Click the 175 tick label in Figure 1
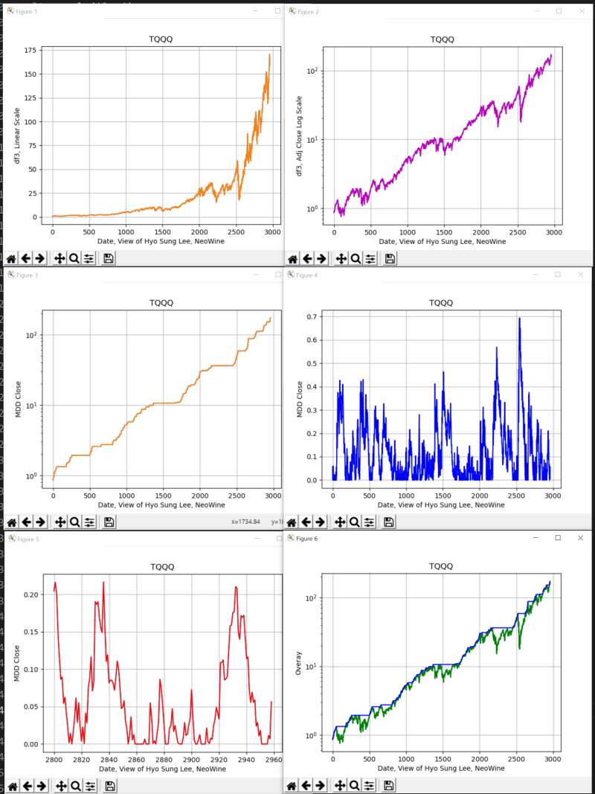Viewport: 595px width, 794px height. coord(30,51)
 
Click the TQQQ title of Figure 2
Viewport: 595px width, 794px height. coord(440,39)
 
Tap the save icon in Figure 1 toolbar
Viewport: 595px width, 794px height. coord(109,258)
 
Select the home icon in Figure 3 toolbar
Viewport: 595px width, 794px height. coord(11,522)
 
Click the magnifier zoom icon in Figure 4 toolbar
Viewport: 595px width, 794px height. coord(356,522)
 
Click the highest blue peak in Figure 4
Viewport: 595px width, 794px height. coord(519,318)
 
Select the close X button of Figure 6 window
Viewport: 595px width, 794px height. coord(580,537)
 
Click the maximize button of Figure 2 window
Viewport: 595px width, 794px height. coord(559,11)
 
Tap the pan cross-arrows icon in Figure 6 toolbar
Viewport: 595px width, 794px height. coord(341,786)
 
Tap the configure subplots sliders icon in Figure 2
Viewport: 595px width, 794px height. coord(370,258)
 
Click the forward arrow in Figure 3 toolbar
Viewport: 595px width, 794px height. coord(39,522)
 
